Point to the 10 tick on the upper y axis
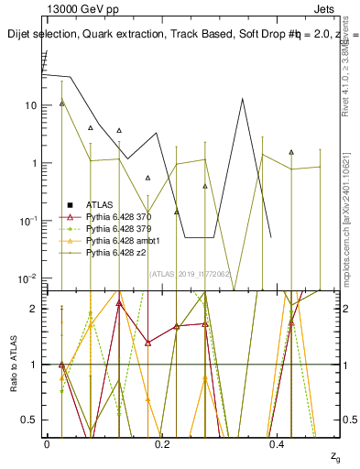pos(30,105)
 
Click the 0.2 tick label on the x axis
pos(162,443)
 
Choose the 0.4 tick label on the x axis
pos(278,443)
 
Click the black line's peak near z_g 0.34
pos(242,99)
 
